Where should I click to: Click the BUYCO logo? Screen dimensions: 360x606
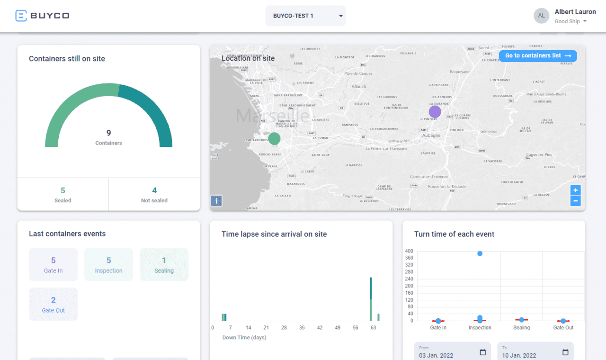point(42,16)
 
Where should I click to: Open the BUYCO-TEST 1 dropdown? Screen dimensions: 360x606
point(305,16)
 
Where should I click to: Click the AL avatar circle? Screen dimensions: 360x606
point(542,16)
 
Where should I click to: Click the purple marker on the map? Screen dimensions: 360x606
point(435,112)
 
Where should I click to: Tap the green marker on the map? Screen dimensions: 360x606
point(274,139)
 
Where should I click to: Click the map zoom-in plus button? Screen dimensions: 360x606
point(576,190)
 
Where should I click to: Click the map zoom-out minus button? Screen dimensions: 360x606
point(576,201)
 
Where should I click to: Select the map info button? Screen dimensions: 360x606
point(216,201)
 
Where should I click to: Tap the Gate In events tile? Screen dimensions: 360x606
point(53,265)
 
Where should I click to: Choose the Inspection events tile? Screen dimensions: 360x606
point(108,265)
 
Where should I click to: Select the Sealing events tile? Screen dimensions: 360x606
point(164,265)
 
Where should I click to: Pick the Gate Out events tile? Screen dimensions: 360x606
point(53,304)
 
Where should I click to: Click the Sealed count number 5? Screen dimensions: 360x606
point(62,190)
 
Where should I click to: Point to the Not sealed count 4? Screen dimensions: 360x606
point(154,190)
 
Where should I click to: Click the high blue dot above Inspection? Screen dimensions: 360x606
point(480,253)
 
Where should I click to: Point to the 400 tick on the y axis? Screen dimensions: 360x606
point(409,251)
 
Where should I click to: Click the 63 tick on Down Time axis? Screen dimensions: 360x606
point(373,328)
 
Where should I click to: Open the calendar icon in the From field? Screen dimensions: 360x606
point(482,352)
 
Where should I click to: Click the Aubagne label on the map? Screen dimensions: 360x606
point(431,135)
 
